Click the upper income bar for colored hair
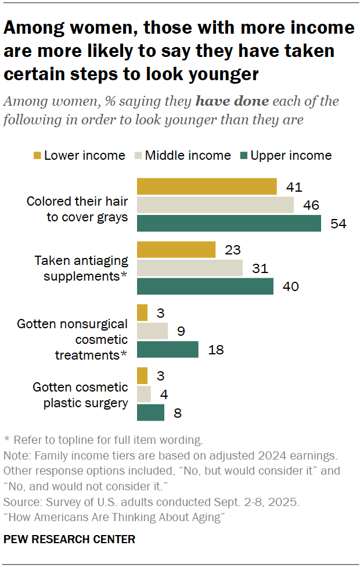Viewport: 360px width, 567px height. (229, 224)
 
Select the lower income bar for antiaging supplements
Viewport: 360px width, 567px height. (176, 250)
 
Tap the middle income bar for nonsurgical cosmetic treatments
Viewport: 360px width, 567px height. (152, 331)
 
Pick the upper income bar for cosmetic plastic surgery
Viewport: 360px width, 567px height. (150, 412)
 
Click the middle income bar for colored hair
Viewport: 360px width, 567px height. (215, 205)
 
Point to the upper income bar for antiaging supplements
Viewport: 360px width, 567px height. (205, 286)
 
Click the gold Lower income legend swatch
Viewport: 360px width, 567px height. (37, 156)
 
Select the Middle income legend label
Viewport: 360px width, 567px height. (188, 156)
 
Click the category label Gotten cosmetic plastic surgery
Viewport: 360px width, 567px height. (80, 395)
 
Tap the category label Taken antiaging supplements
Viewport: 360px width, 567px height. (81, 268)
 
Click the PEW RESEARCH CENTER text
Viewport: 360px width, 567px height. (69, 539)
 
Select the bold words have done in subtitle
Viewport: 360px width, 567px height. (232, 101)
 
